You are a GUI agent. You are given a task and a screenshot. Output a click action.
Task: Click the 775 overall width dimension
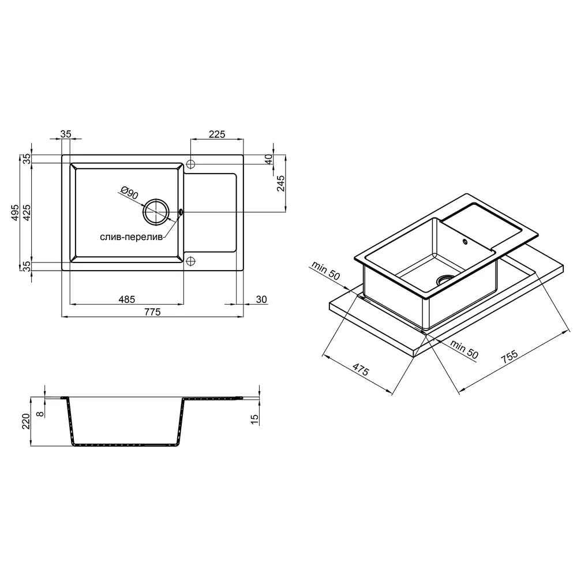[x=153, y=312]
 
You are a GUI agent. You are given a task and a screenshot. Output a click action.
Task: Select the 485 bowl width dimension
[x=126, y=299]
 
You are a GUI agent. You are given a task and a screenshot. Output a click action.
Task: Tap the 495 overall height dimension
[x=15, y=212]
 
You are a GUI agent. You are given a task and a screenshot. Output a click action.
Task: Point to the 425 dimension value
[x=27, y=212]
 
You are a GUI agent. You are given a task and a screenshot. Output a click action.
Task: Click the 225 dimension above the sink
[x=217, y=134]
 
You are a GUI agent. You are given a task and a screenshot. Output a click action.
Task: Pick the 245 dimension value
[x=281, y=183]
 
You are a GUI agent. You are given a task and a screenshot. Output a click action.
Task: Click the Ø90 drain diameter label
[x=129, y=193]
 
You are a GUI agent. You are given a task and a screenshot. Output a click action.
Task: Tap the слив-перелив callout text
[x=132, y=237]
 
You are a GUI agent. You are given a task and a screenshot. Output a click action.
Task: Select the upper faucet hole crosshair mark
[x=190, y=164]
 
